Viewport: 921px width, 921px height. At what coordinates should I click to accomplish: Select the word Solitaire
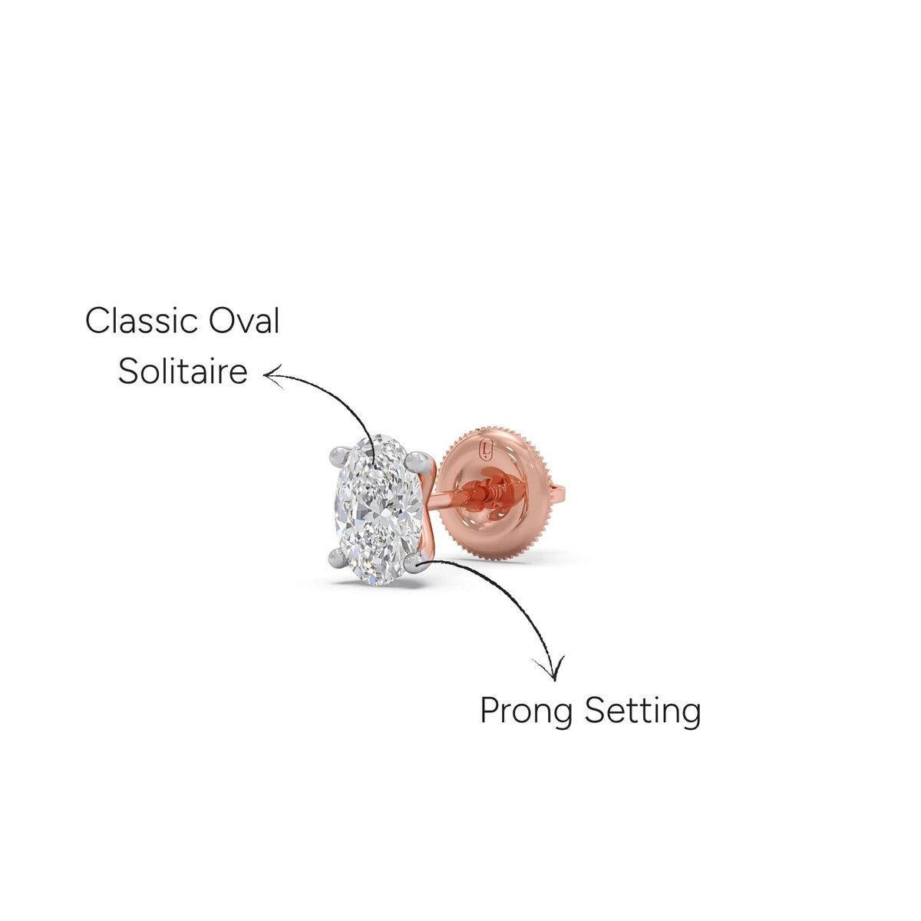tap(183, 371)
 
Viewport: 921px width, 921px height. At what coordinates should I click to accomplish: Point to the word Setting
tap(642, 712)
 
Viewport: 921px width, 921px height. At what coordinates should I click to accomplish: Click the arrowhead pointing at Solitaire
tap(272, 375)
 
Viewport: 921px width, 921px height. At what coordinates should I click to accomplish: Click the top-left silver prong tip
tap(339, 454)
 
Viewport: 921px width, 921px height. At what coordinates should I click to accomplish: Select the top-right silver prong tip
tap(415, 460)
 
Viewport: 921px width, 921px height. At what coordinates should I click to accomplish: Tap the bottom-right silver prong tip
tap(414, 563)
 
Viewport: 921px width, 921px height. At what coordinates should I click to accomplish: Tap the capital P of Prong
tap(490, 711)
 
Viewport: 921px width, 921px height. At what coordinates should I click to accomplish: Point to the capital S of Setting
tap(595, 711)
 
